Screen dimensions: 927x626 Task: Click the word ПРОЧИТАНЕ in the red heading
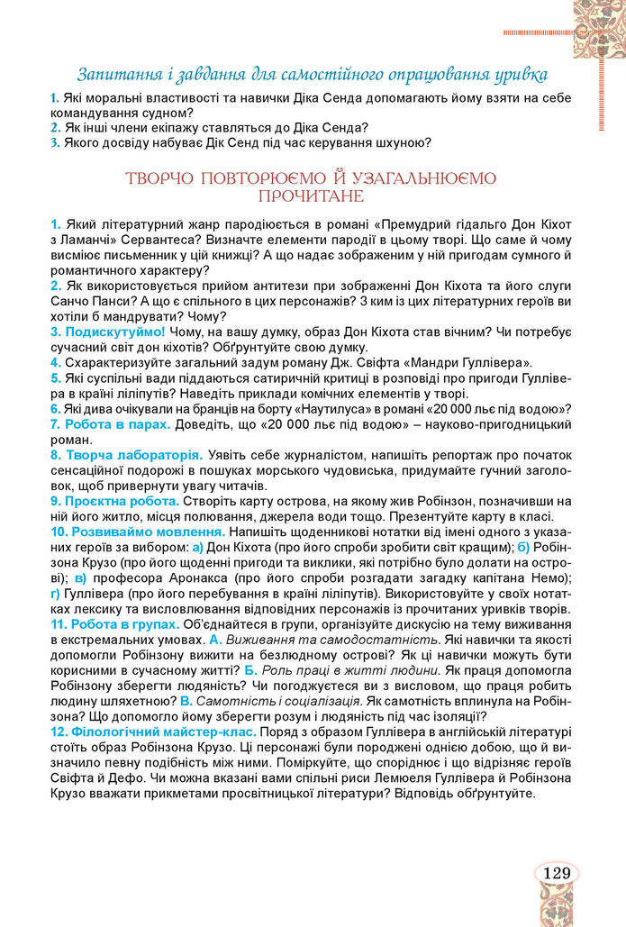click(x=312, y=195)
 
